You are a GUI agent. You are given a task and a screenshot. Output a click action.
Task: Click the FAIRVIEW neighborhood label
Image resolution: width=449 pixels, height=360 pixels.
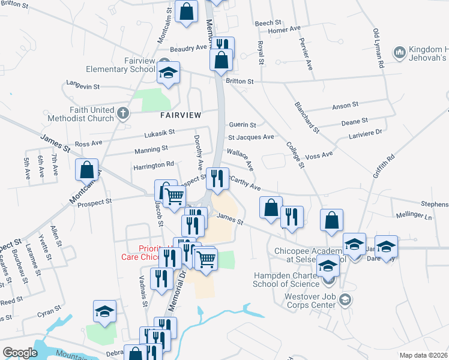180,114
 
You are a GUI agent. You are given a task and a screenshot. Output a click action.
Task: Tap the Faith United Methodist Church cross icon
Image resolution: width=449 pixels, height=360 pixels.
123,113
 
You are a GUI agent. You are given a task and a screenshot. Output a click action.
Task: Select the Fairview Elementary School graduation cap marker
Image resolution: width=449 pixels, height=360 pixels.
169,73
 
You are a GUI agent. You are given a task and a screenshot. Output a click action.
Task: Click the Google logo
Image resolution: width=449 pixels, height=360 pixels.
20,353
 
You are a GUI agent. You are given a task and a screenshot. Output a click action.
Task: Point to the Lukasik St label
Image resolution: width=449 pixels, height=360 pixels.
159,132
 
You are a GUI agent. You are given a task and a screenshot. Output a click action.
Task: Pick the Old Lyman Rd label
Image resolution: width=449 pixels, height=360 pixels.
378,48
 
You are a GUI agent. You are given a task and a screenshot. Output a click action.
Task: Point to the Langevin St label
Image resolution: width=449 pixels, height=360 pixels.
83,86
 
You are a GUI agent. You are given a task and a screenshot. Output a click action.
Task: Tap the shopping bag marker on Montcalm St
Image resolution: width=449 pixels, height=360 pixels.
87,170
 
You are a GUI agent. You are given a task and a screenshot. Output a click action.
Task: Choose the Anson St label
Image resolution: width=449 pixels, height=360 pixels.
345,107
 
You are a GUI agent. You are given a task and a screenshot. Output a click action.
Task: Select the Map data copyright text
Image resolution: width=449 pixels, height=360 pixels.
424,355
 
